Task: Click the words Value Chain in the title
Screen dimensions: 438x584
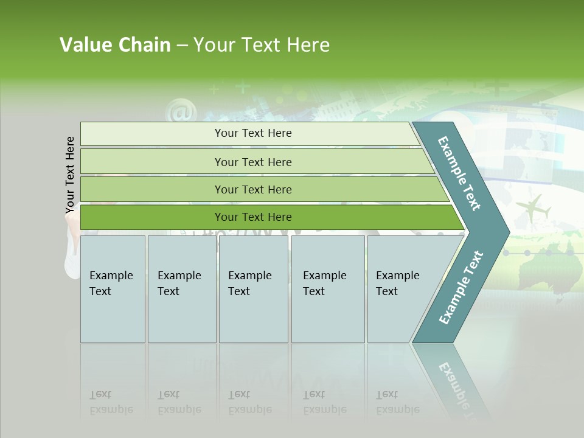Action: pos(115,45)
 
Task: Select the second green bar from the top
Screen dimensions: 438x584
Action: pos(253,162)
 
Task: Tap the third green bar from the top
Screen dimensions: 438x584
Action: pos(253,189)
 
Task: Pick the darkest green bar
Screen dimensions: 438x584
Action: pos(253,217)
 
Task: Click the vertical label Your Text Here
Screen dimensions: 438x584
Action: pos(70,175)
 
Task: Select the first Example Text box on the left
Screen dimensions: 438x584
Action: pos(113,288)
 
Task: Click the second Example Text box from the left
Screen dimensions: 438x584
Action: pos(181,288)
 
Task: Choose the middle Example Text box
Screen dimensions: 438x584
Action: pos(253,288)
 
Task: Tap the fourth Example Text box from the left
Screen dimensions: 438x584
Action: pos(328,288)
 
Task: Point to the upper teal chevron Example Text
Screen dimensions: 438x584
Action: pos(459,173)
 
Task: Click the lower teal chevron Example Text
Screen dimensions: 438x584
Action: pos(461,288)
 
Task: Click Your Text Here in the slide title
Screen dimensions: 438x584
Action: pos(262,45)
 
